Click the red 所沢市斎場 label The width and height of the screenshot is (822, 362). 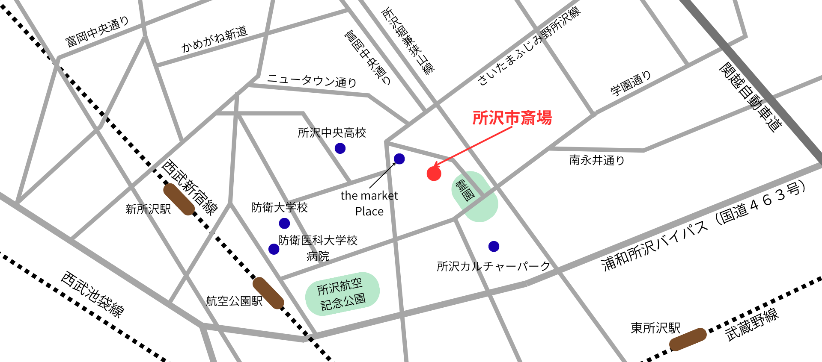click(x=512, y=118)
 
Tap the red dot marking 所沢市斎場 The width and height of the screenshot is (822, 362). click(x=434, y=174)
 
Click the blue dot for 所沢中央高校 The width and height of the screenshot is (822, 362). click(x=340, y=148)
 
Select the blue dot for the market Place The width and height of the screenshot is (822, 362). click(x=399, y=159)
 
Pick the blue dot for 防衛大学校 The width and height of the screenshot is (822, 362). click(x=284, y=223)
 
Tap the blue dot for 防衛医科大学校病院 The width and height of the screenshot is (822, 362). click(x=274, y=249)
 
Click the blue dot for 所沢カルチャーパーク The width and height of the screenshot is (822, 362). click(x=494, y=246)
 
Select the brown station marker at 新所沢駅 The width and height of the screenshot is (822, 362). click(x=179, y=199)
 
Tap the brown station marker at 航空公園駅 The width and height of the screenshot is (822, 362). click(x=268, y=293)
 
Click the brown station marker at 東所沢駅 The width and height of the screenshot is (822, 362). click(x=688, y=339)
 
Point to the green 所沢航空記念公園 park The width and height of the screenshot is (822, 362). click(x=342, y=294)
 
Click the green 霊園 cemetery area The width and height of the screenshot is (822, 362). click(x=474, y=197)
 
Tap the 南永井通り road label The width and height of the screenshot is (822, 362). click(x=597, y=160)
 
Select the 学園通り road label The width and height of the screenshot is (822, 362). click(x=631, y=83)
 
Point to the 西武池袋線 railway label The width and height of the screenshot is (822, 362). click(x=92, y=294)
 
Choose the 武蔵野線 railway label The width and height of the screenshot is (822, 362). click(x=752, y=325)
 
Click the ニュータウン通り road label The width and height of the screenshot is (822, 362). click(x=312, y=80)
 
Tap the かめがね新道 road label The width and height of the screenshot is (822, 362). click(x=214, y=39)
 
